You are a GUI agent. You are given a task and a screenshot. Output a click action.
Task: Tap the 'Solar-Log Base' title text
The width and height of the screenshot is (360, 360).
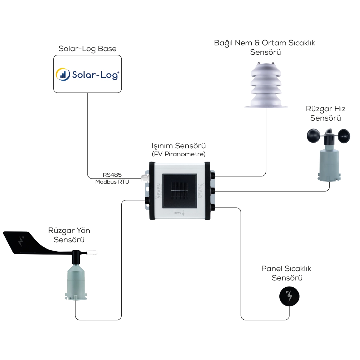coord(87,49)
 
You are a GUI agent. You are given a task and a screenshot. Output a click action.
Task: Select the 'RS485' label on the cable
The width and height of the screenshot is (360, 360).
coord(112,175)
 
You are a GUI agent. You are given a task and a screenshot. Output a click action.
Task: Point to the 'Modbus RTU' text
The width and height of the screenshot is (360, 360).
coord(112,182)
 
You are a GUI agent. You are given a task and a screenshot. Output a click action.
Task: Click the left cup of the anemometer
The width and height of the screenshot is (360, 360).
coord(312,136)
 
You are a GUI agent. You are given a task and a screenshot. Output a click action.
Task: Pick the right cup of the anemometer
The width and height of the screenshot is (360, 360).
coord(342,137)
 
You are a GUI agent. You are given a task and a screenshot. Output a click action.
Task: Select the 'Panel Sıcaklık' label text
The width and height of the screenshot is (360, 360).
coord(286,269)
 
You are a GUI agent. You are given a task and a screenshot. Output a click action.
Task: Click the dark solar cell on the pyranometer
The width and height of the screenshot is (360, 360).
coord(180,191)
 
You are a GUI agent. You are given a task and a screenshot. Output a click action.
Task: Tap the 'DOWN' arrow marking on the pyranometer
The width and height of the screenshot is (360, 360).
coord(180,213)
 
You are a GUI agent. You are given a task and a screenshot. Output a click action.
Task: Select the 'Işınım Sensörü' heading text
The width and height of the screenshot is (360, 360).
coord(179,146)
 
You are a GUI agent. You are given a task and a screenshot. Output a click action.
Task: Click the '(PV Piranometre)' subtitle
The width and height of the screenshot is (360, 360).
coord(179,154)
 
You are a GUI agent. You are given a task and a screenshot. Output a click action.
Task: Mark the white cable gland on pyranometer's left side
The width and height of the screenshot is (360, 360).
coord(145,177)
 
